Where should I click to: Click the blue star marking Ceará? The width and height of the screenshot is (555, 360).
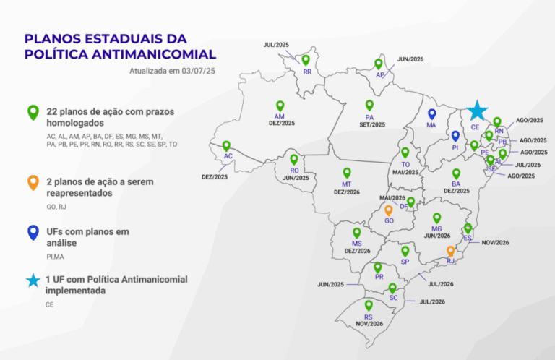pyautogui.click(x=476, y=111)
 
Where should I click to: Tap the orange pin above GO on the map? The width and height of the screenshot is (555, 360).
pyautogui.click(x=388, y=210)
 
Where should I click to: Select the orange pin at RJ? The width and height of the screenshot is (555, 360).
pyautogui.click(x=450, y=250)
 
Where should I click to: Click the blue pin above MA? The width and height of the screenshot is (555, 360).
pyautogui.click(x=431, y=114)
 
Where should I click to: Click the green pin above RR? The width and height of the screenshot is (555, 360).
pyautogui.click(x=306, y=60)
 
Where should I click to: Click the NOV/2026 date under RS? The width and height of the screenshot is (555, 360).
pyautogui.click(x=369, y=324)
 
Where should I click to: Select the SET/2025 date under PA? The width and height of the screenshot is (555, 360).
pyautogui.click(x=370, y=124)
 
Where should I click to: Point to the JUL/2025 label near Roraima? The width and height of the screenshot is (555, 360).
pyautogui.click(x=277, y=45)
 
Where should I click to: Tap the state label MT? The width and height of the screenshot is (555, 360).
pyautogui.click(x=347, y=184)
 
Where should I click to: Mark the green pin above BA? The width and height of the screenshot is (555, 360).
pyautogui.click(x=456, y=173)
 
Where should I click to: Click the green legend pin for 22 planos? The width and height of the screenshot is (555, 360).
pyautogui.click(x=33, y=112)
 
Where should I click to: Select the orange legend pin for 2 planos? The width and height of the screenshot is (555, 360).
pyautogui.click(x=33, y=182)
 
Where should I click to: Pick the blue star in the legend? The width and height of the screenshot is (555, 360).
pyautogui.click(x=33, y=280)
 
